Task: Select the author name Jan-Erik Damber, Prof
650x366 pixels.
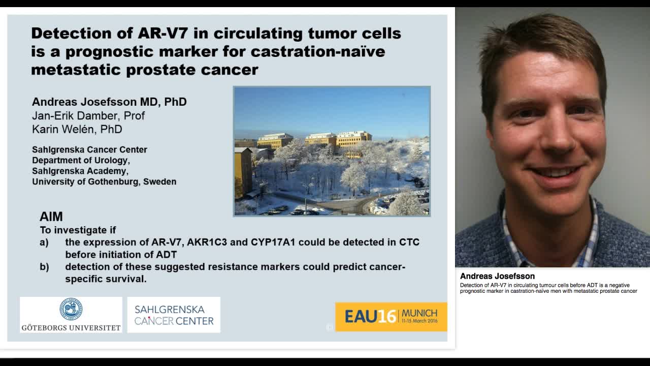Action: [x=88, y=116]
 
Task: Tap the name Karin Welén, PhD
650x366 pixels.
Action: [x=77, y=130]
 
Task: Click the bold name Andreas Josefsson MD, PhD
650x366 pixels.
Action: [x=109, y=102]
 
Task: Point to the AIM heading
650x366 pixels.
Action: [x=51, y=217]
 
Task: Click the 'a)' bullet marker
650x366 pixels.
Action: [x=45, y=242]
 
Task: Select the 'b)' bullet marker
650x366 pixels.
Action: [x=45, y=267]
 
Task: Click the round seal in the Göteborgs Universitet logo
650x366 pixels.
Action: [x=71, y=309]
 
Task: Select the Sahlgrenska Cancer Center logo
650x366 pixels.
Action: [x=174, y=315]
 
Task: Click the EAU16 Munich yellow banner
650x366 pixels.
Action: [x=391, y=317]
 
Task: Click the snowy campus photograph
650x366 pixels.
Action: [x=332, y=151]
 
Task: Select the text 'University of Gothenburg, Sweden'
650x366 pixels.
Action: [x=104, y=181]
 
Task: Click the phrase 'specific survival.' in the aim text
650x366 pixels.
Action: [x=106, y=279]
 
